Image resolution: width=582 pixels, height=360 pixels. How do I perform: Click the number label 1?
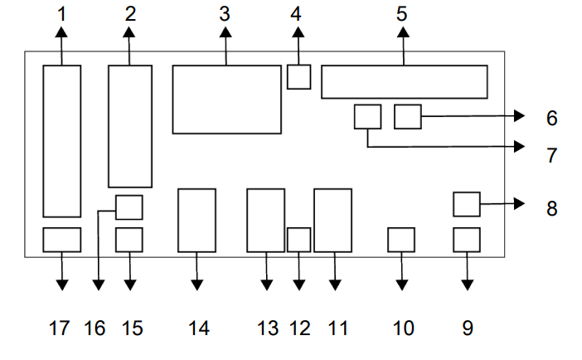pyautogui.click(x=62, y=13)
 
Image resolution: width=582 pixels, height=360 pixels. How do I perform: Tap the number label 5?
pyautogui.click(x=402, y=13)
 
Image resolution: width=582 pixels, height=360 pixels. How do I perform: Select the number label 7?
pyautogui.click(x=551, y=155)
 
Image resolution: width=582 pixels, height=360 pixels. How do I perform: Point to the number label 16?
pyautogui.click(x=95, y=328)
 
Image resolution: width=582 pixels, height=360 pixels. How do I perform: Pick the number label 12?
pyautogui.click(x=299, y=328)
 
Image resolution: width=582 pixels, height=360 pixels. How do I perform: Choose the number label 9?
pyautogui.click(x=468, y=328)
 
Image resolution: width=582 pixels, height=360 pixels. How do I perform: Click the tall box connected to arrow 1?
pyautogui.click(x=62, y=141)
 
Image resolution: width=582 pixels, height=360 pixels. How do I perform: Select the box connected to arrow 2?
pyautogui.click(x=130, y=126)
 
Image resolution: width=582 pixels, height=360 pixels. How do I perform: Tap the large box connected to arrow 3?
pyautogui.click(x=226, y=100)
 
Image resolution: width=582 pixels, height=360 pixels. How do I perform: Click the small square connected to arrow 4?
pyautogui.click(x=298, y=77)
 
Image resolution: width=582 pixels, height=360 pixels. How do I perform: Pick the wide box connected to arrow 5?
pyautogui.click(x=404, y=81)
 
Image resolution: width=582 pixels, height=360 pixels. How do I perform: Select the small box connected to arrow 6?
pyautogui.click(x=408, y=116)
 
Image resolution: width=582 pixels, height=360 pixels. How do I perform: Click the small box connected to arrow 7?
pyautogui.click(x=367, y=116)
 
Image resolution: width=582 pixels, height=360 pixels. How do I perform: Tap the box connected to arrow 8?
pyautogui.click(x=467, y=203)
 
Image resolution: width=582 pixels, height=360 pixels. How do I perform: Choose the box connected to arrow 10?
pyautogui.click(x=401, y=240)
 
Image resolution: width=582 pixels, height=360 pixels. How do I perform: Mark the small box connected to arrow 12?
pyautogui.click(x=298, y=240)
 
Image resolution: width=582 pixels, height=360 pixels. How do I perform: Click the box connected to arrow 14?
pyautogui.click(x=196, y=220)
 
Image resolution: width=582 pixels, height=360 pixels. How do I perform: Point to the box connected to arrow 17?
pyautogui.click(x=62, y=240)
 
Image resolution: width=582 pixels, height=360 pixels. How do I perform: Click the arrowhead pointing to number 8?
pyautogui.click(x=520, y=203)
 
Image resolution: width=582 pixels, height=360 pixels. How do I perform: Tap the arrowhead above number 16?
pyautogui.click(x=99, y=285)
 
